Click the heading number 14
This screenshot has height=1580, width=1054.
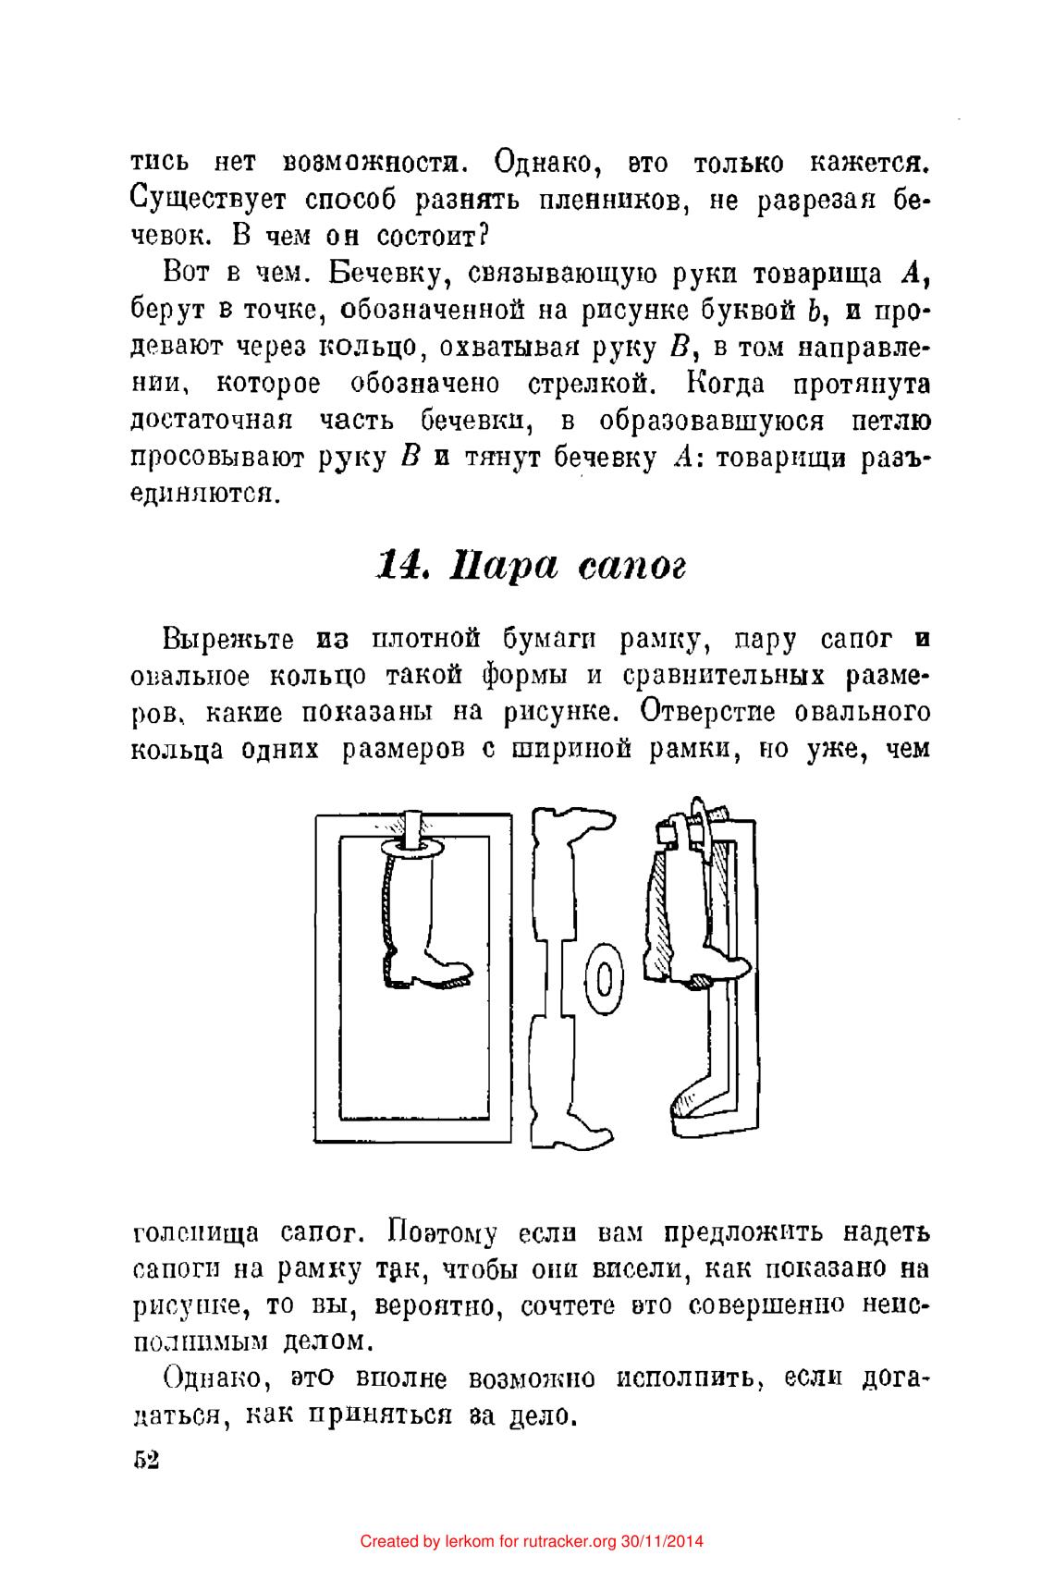pos(398,563)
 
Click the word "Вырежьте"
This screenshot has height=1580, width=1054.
pos(227,639)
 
